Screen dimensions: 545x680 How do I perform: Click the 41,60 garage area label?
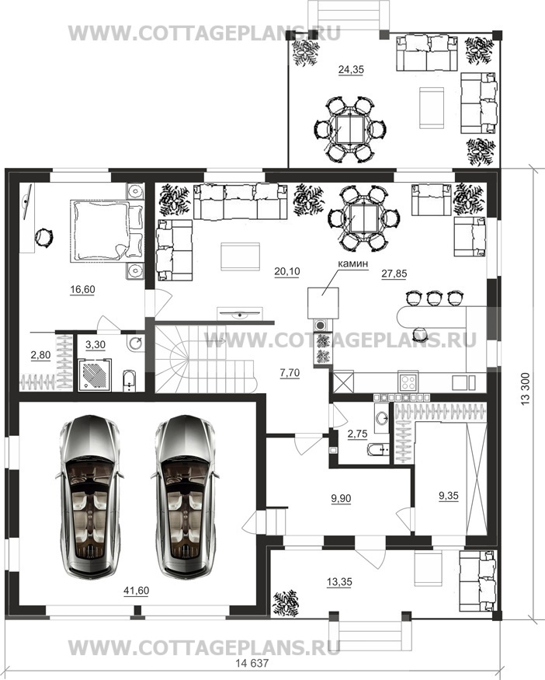pos(136,591)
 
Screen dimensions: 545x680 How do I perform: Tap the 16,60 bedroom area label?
pos(82,289)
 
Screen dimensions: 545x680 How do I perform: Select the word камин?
pos(353,263)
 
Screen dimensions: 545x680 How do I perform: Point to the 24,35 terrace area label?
pos(351,69)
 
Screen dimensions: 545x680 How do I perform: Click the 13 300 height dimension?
pos(525,389)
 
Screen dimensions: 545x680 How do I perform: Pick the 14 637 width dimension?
pos(252,663)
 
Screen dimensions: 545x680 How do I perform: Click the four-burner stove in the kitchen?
pos(408,382)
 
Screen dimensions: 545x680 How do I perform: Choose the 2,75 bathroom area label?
pos(357,434)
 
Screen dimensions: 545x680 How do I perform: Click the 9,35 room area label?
pos(449,495)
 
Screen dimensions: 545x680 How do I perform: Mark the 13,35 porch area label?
pos(339,582)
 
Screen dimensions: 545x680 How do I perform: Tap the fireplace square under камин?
pos(323,303)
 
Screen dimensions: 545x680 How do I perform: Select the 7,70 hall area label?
pos(290,373)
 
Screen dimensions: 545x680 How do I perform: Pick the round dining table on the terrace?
pos(350,130)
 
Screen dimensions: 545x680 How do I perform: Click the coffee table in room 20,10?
pos(241,256)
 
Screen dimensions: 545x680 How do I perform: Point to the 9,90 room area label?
pos(341,499)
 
